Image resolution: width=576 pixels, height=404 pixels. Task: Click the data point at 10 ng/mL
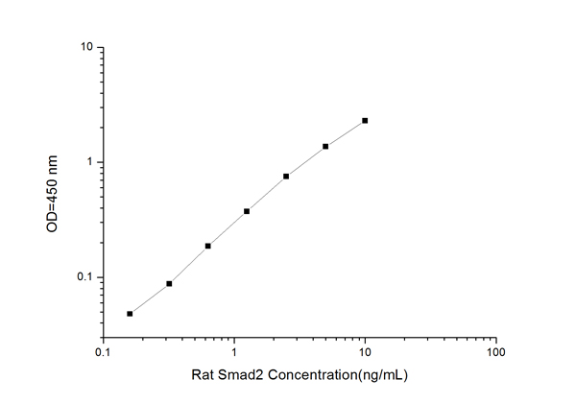tap(365, 121)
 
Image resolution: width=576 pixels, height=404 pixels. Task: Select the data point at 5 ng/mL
tap(325, 146)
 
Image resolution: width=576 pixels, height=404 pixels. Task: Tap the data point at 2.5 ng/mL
tap(286, 177)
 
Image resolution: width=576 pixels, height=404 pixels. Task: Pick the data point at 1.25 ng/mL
tap(247, 211)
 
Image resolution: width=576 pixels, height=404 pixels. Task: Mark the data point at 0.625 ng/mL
tap(207, 246)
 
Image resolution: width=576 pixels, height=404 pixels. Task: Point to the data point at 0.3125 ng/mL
tap(169, 283)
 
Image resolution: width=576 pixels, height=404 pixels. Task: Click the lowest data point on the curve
tap(130, 313)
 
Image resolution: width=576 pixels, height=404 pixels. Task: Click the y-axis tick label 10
tap(85, 47)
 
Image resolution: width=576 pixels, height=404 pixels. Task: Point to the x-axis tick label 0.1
tap(103, 352)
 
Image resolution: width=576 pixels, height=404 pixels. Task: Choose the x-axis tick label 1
tap(234, 352)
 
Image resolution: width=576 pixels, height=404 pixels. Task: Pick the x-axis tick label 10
tap(365, 352)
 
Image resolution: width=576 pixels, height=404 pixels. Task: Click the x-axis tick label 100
tap(495, 352)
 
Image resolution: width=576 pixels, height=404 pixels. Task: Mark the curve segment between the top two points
tap(346, 133)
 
